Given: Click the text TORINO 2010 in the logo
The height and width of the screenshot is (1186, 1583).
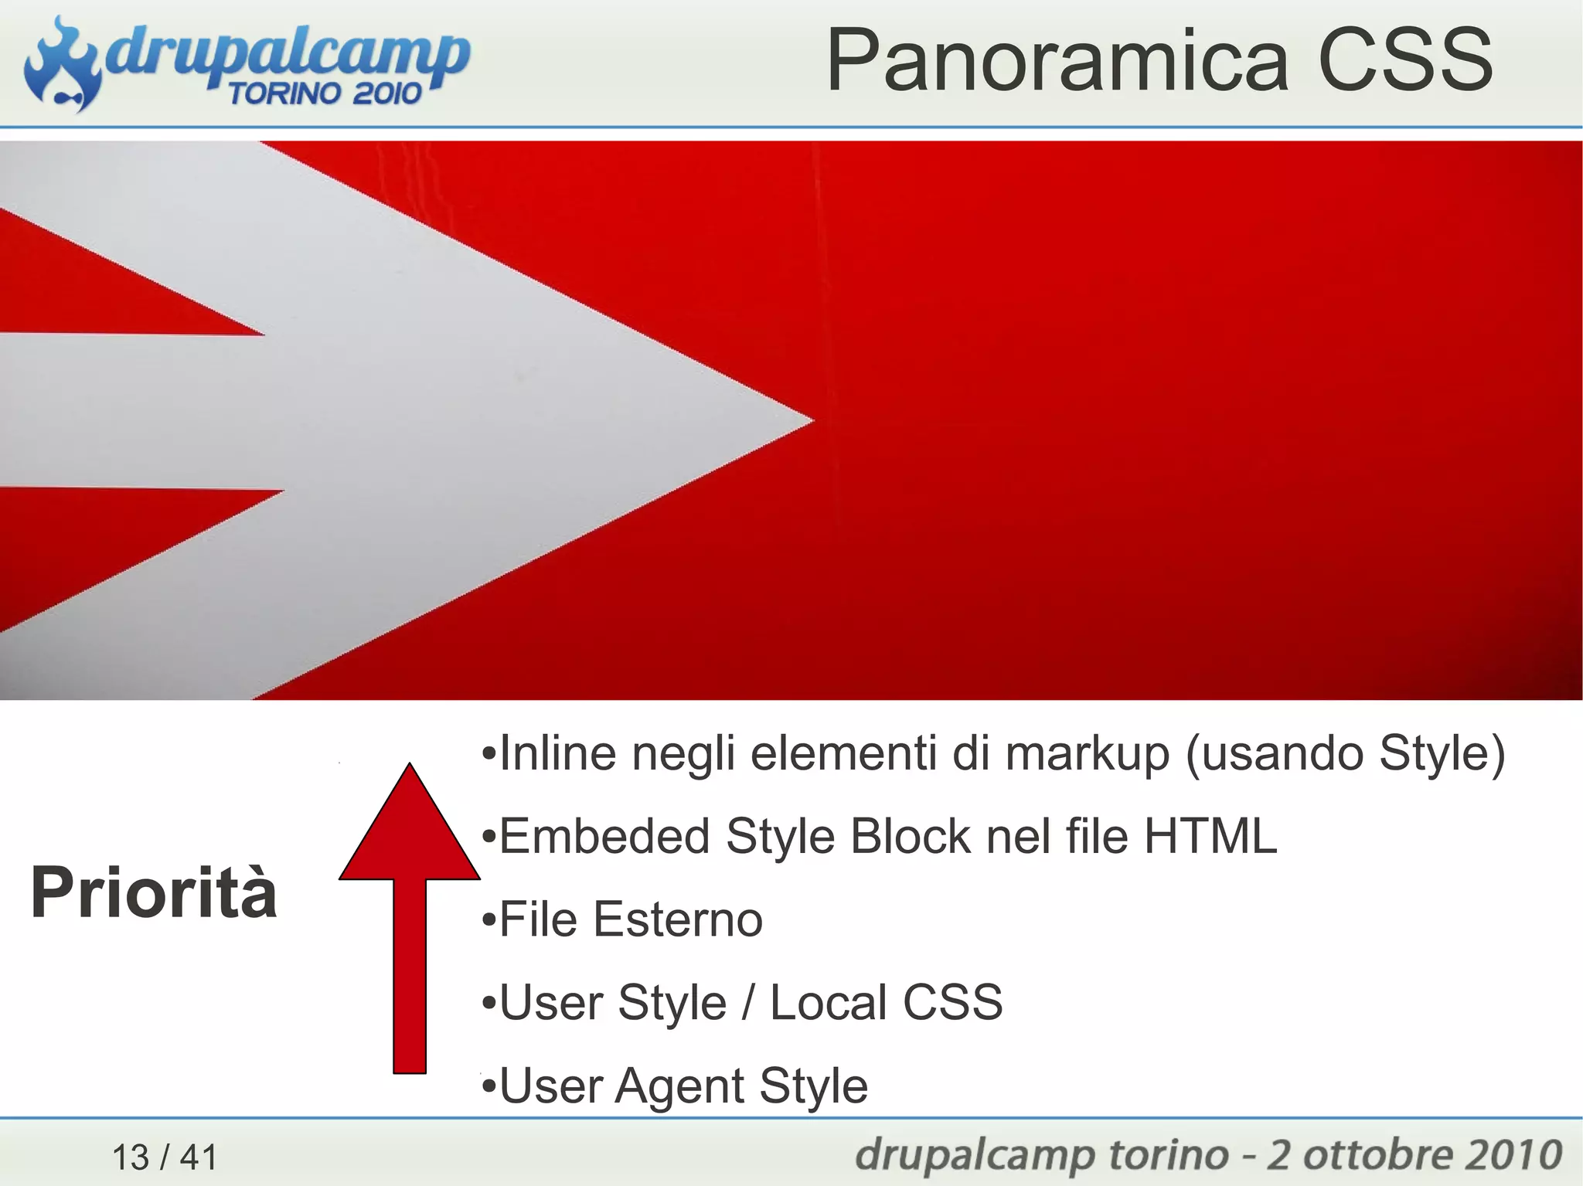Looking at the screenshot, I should click(325, 93).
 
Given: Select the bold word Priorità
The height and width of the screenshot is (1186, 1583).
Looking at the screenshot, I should click(154, 893).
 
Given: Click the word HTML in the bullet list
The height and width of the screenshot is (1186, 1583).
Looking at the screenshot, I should click(1210, 836).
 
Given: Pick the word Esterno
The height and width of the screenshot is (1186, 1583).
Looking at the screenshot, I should click(678, 919).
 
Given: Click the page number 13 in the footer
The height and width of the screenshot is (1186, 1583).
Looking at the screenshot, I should click(131, 1157).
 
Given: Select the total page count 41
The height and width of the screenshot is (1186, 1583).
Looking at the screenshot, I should click(199, 1157).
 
